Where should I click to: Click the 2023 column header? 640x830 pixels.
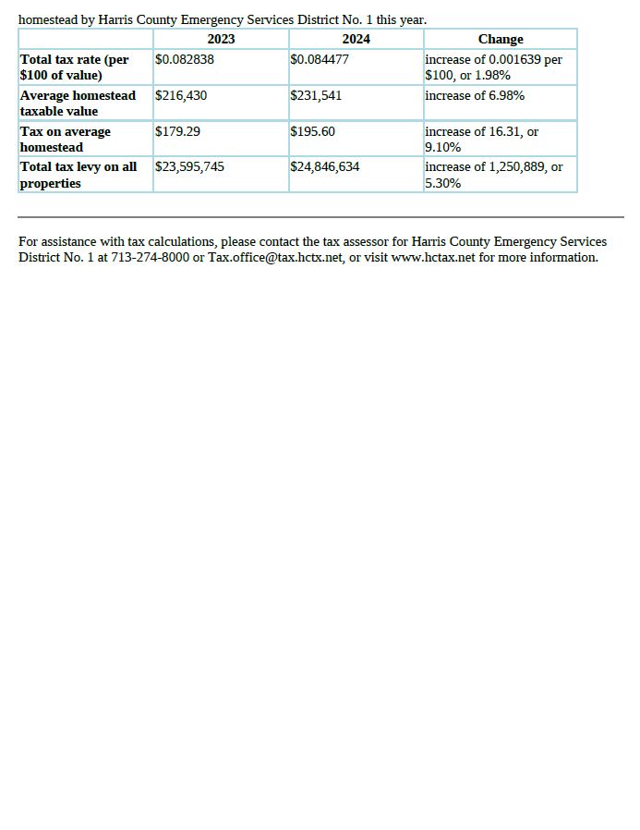pyautogui.click(x=221, y=39)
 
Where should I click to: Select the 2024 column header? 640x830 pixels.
pyautogui.click(x=356, y=39)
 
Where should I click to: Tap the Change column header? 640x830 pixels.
pyautogui.click(x=501, y=39)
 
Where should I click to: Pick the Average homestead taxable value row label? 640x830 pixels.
pyautogui.click(x=78, y=103)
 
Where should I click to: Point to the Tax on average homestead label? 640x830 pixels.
pyautogui.click(x=66, y=139)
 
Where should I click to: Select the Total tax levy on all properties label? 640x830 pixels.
pyautogui.click(x=78, y=175)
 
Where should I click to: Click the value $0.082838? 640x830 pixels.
pyautogui.click(x=185, y=59)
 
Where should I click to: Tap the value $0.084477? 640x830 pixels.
pyautogui.click(x=320, y=59)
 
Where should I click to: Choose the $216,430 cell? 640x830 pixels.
pyautogui.click(x=181, y=95)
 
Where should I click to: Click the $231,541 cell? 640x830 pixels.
pyautogui.click(x=316, y=95)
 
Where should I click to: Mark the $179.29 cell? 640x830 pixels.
pyautogui.click(x=177, y=131)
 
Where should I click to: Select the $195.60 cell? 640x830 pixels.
pyautogui.click(x=312, y=131)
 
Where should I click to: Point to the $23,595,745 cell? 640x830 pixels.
pyautogui.click(x=189, y=166)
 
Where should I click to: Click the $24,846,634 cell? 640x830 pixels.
pyautogui.click(x=325, y=166)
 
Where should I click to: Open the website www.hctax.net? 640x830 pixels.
pyautogui.click(x=433, y=257)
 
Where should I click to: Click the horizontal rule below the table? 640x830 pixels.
pyautogui.click(x=320, y=217)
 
